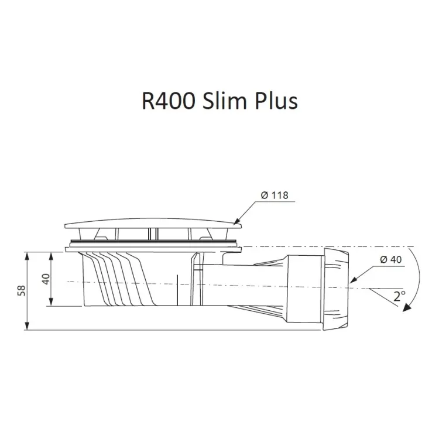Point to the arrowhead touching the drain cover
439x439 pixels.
(x=235, y=222)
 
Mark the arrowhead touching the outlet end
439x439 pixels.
(x=351, y=282)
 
